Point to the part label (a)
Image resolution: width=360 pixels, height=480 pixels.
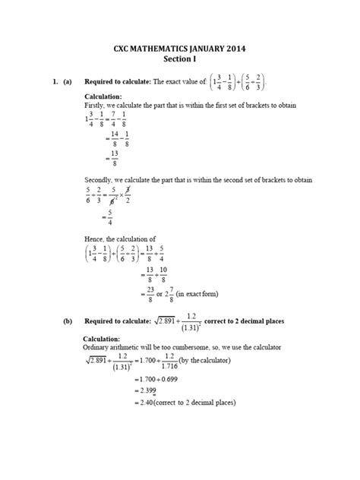tap(65, 81)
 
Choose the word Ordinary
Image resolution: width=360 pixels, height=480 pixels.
tap(98, 347)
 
